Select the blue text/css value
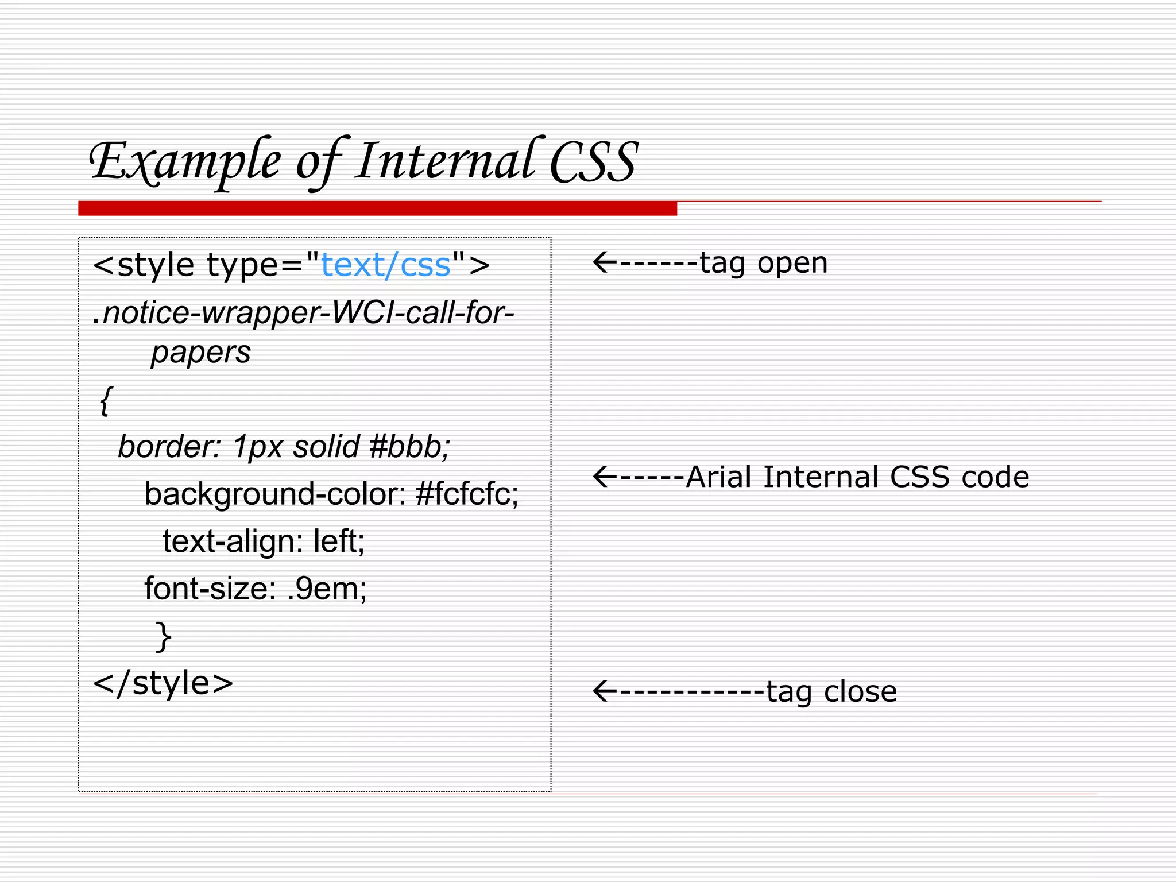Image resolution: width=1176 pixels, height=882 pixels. [385, 265]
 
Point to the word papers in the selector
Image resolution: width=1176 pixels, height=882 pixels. [201, 352]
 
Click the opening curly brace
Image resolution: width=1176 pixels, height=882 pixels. [106, 400]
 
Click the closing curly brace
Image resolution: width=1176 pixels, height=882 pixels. [164, 636]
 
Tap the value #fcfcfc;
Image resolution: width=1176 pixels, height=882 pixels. [467, 494]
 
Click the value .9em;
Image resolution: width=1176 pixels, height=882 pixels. [326, 589]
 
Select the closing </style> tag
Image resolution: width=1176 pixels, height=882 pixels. [163, 683]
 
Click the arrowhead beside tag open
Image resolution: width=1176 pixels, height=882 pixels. [603, 262]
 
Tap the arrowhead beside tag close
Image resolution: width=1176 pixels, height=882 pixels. [603, 691]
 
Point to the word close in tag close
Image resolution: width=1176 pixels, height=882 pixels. [860, 691]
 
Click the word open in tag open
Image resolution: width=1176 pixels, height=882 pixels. [792, 264]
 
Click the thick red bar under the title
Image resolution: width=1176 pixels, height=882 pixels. [377, 208]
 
